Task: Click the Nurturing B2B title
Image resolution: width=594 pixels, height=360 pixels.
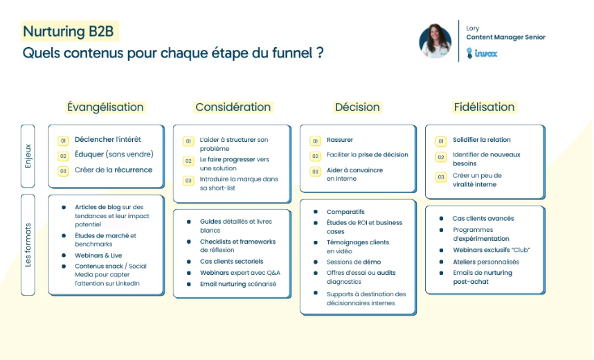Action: pos(68,31)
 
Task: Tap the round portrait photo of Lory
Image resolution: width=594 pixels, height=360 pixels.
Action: pos(435,41)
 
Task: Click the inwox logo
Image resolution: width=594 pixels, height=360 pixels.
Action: pos(481,53)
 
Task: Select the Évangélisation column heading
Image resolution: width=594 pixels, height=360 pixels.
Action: pos(105,107)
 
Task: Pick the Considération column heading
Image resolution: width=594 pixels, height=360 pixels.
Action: pos(233,107)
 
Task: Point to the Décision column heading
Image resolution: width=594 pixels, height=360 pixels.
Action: pos(357,107)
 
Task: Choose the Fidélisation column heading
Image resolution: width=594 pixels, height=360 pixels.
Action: pos(484,107)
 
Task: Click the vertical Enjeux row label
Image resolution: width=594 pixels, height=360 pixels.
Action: pos(28,156)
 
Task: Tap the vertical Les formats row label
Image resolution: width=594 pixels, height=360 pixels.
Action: pos(28,245)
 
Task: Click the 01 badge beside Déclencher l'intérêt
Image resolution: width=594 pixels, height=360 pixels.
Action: pos(63,141)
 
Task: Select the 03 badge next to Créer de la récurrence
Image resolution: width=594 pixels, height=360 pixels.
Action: pos(63,171)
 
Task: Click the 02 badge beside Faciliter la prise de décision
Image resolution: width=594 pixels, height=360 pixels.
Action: pos(315,156)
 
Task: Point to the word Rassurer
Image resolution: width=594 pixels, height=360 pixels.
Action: pos(339,140)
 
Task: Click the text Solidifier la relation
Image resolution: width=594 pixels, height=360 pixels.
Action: pos(481,140)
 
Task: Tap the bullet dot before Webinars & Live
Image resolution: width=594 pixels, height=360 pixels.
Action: pos(64,255)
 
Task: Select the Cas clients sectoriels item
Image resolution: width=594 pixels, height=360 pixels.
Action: pos(231,262)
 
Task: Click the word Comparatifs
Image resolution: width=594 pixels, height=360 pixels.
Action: pos(345,212)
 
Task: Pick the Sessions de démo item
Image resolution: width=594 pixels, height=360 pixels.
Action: pos(354,262)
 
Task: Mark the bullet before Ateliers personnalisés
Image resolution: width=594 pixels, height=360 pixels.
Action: pos(441,262)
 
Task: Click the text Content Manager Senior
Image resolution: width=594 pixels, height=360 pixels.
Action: pos(506,37)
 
